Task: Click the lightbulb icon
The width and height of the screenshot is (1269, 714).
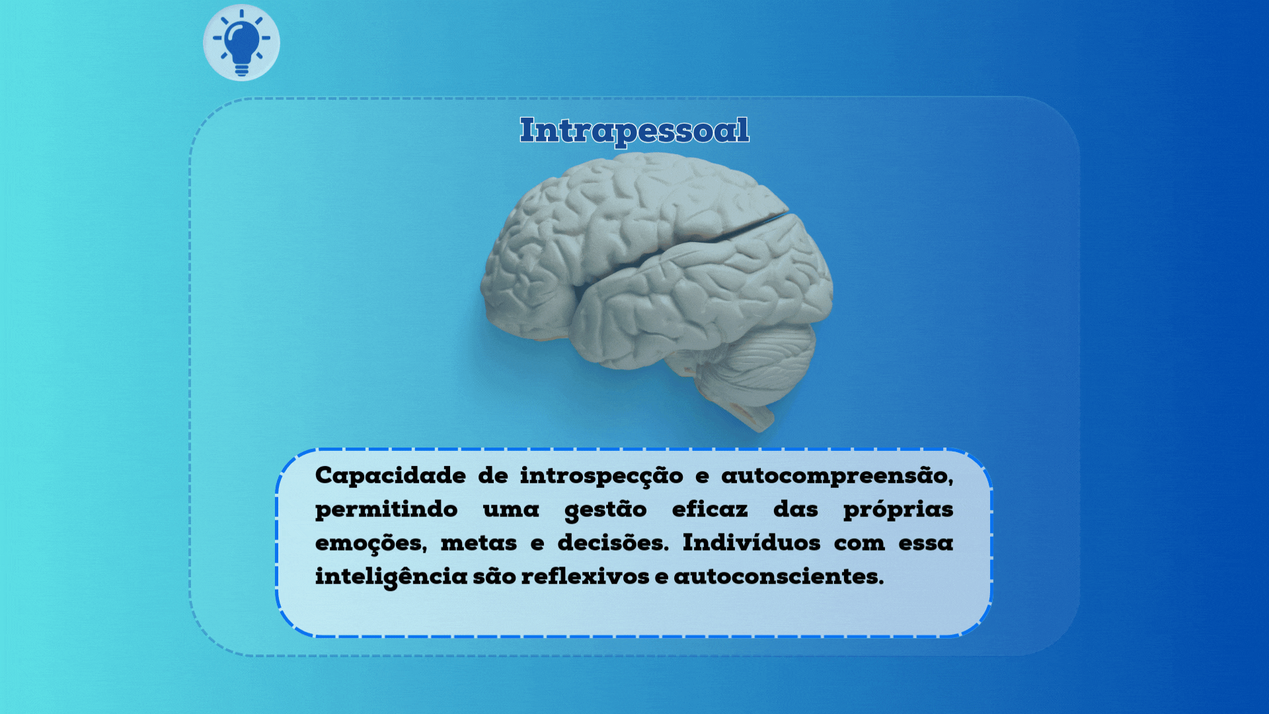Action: click(241, 42)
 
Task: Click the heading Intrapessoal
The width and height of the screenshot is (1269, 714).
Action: click(634, 130)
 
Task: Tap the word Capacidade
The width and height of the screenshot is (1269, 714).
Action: click(390, 476)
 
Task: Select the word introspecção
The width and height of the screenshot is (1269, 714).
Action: click(601, 476)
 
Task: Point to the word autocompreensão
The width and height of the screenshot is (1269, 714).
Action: click(836, 476)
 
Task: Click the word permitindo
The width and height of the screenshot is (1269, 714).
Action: click(386, 510)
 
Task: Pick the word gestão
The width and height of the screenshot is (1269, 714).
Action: click(605, 510)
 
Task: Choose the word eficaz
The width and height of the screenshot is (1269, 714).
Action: click(709, 510)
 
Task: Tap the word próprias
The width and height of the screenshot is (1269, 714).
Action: click(898, 510)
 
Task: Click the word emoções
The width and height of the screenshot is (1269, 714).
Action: click(370, 543)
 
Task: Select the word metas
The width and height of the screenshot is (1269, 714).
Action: click(479, 543)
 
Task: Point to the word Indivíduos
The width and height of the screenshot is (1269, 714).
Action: click(751, 543)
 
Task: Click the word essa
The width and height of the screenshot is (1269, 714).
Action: click(925, 543)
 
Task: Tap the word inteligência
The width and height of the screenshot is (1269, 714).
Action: click(391, 577)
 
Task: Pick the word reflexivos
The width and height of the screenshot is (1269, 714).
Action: click(585, 576)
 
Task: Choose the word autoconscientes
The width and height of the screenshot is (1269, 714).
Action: click(778, 576)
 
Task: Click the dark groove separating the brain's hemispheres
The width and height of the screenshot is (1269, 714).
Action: click(740, 228)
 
